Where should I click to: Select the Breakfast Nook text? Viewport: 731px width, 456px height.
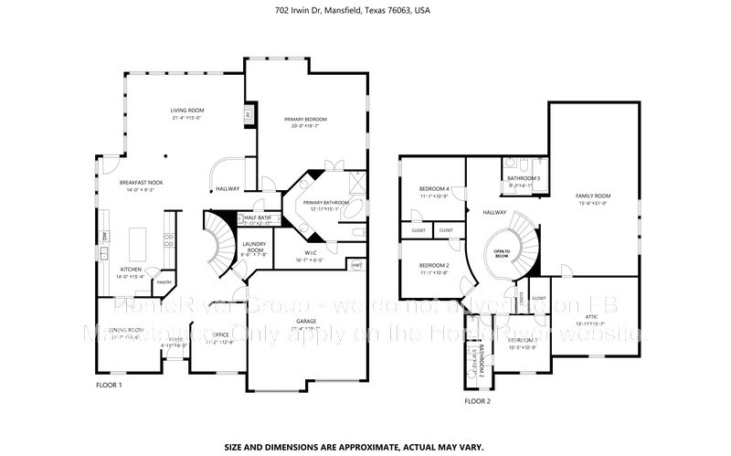(142, 183)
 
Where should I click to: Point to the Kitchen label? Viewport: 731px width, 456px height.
(132, 269)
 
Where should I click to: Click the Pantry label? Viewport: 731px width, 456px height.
(164, 282)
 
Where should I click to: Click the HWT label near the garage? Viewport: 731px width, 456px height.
(357, 265)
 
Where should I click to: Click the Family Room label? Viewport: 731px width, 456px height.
(593, 196)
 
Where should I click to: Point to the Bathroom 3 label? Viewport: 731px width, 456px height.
(524, 178)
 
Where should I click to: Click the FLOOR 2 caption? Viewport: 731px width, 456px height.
(477, 401)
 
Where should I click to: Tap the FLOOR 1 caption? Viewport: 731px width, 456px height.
(109, 385)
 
